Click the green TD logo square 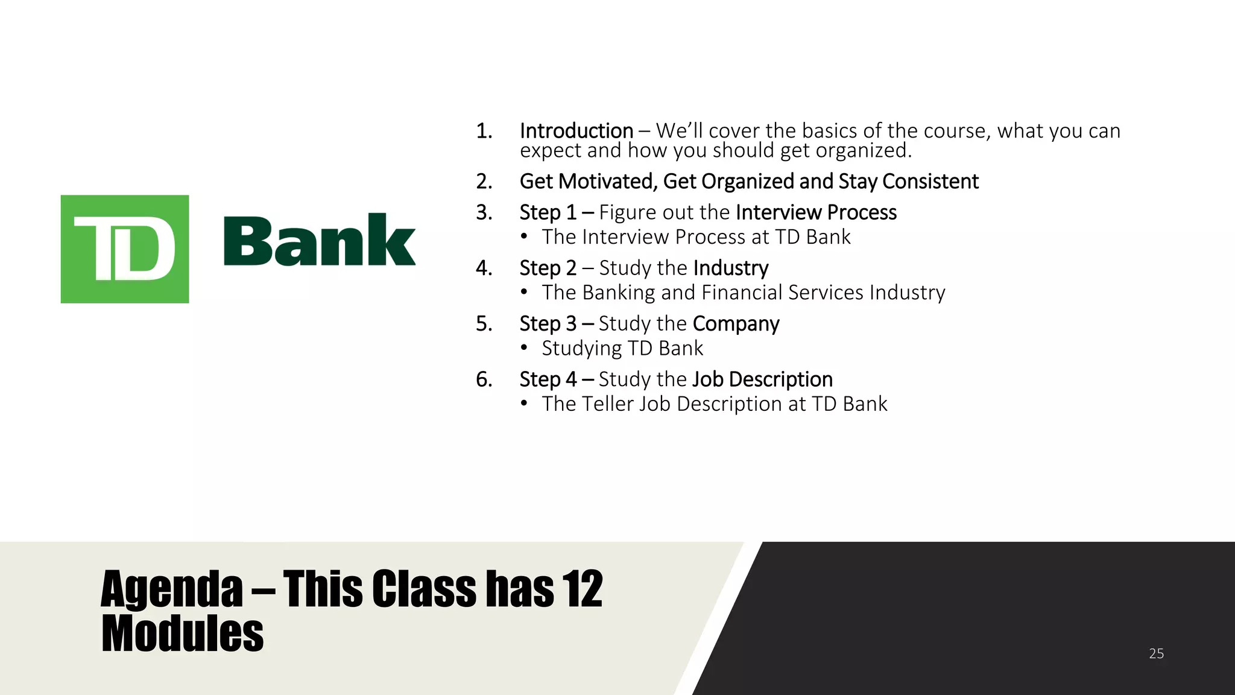pyautogui.click(x=125, y=249)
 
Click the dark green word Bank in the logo pyautogui.click(x=319, y=241)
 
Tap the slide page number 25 pyautogui.click(x=1156, y=653)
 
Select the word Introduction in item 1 pyautogui.click(x=576, y=131)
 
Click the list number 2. pyautogui.click(x=484, y=182)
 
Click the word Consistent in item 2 pyautogui.click(x=930, y=182)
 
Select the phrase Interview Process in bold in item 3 pyautogui.click(x=816, y=212)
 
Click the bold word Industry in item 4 pyautogui.click(x=730, y=268)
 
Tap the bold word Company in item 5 pyautogui.click(x=736, y=324)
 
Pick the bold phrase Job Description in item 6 pyautogui.click(x=762, y=379)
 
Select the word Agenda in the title pyautogui.click(x=172, y=589)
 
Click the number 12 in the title pyautogui.click(x=582, y=589)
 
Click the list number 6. pyautogui.click(x=484, y=379)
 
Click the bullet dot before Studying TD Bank pyautogui.click(x=525, y=348)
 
